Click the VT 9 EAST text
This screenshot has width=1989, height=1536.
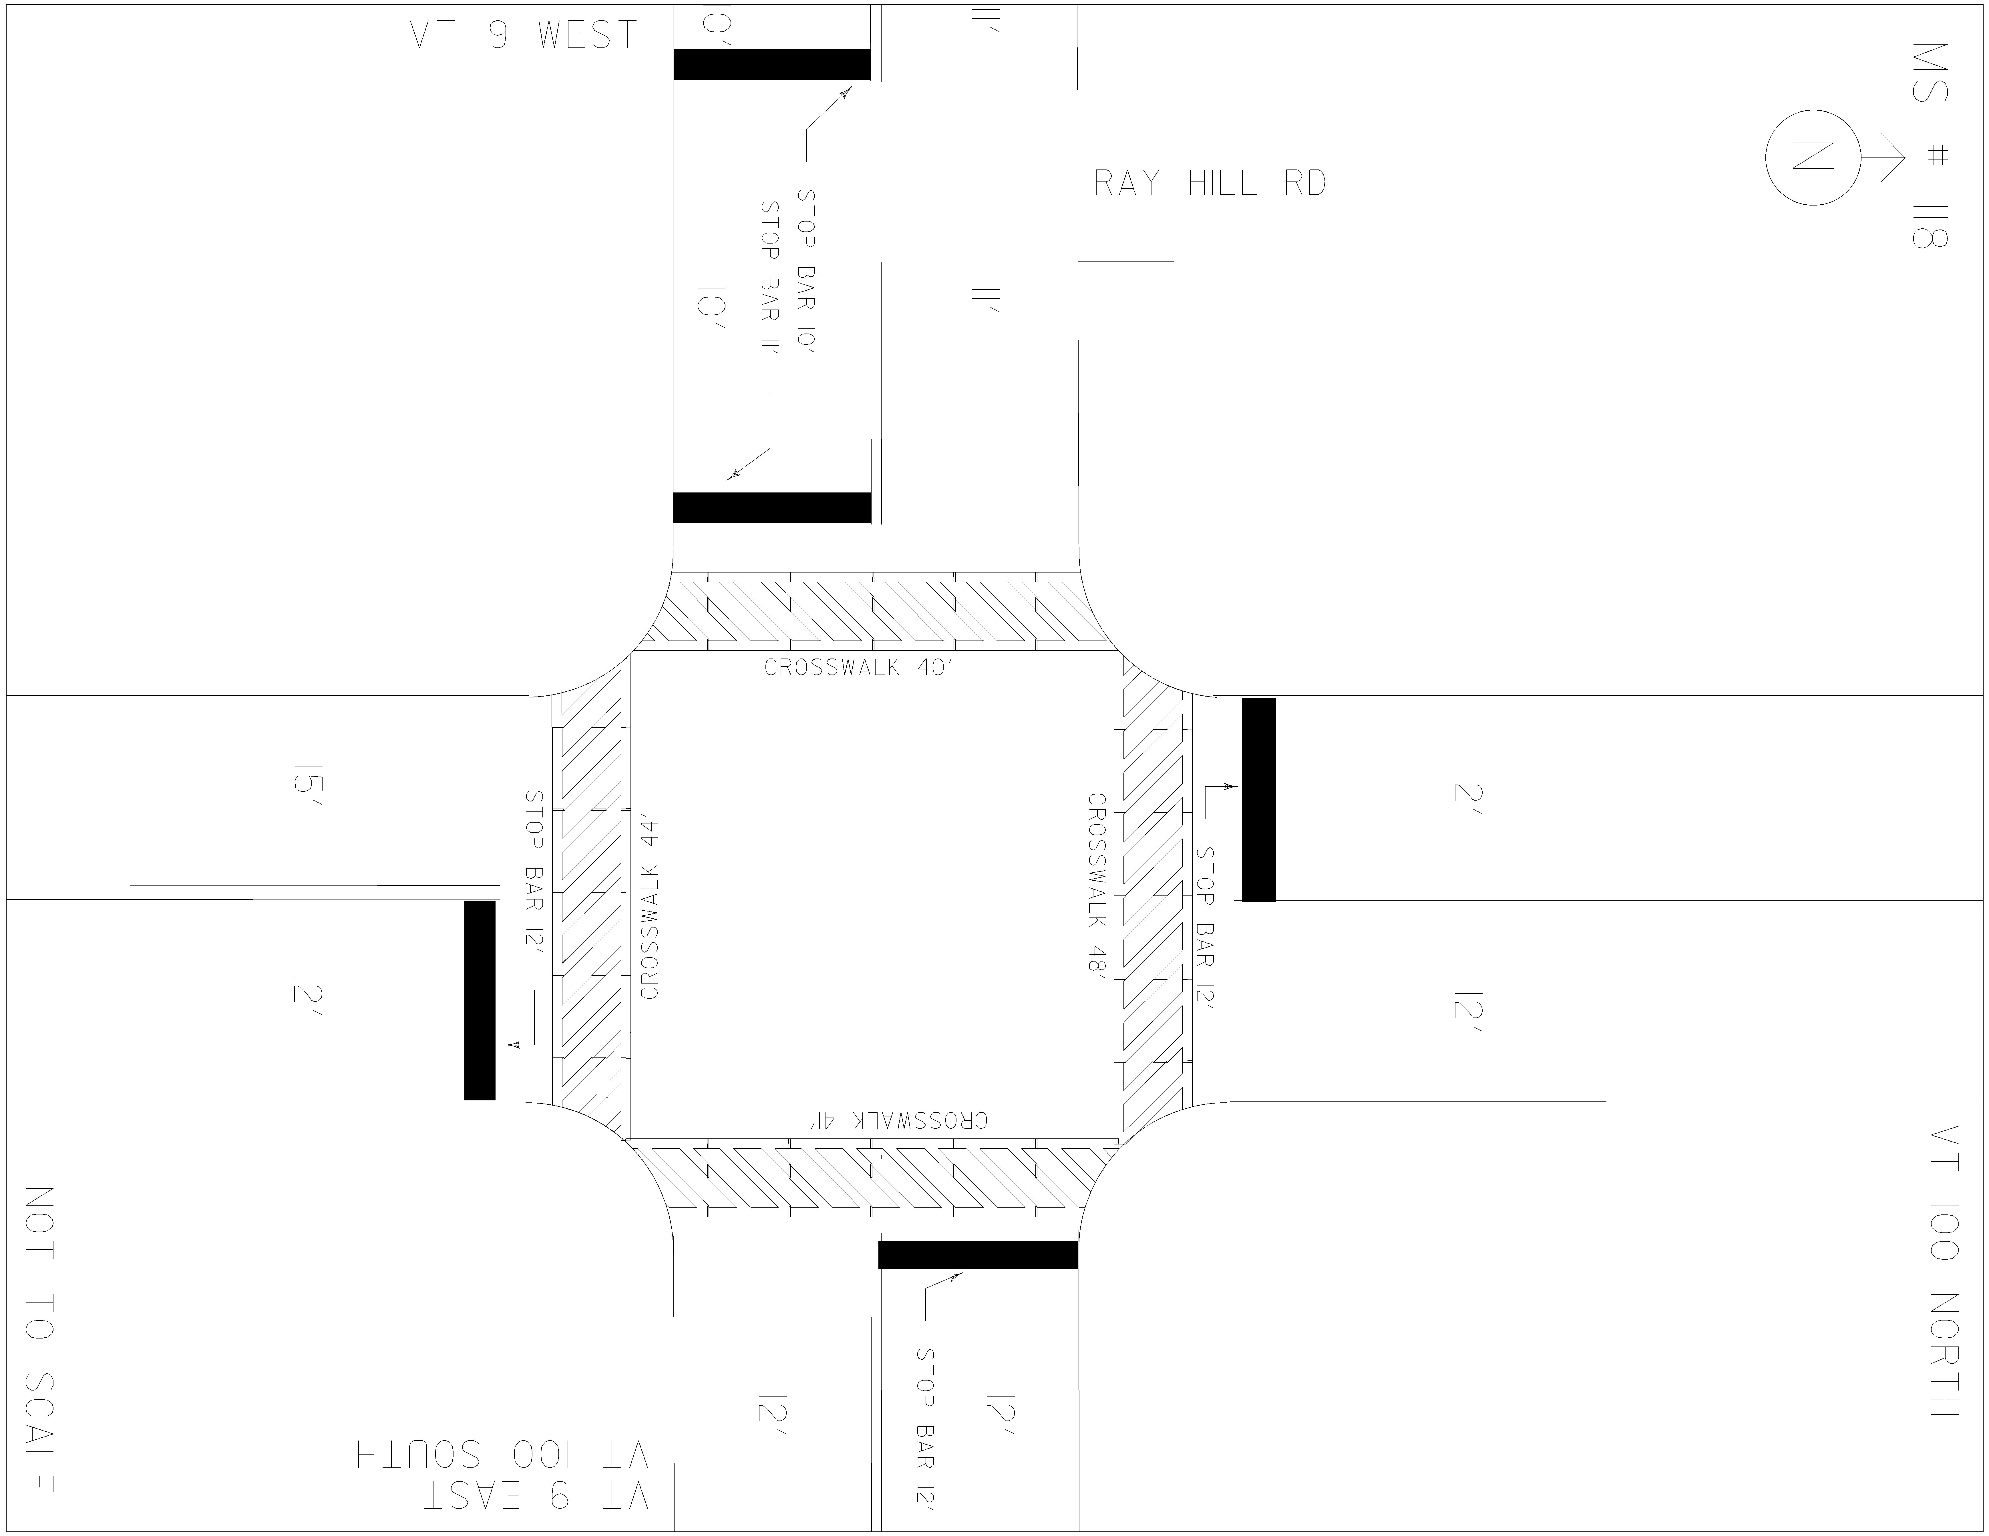tap(537, 1496)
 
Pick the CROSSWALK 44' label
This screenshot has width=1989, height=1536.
tap(650, 909)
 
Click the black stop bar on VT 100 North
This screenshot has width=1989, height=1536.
tap(1259, 799)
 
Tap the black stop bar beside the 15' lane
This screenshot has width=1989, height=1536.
tap(480, 1001)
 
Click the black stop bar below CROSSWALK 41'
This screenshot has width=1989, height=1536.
tap(978, 1255)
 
